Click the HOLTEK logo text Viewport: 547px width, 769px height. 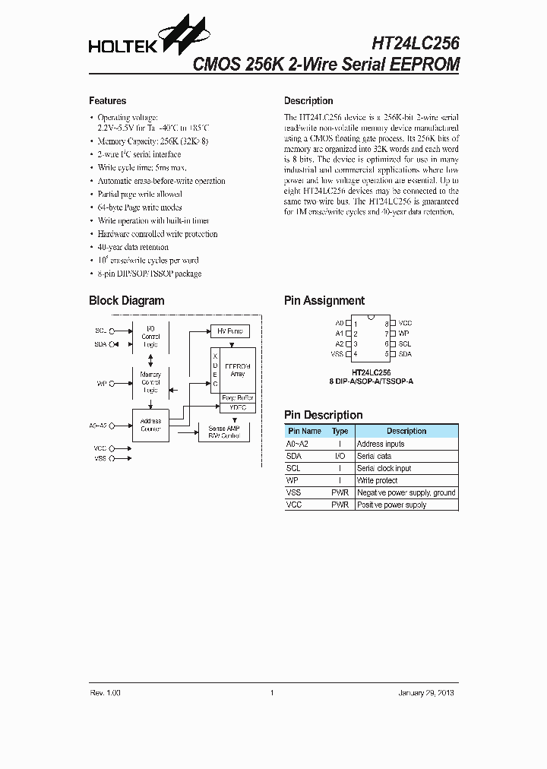click(x=122, y=46)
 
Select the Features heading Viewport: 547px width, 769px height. click(x=108, y=101)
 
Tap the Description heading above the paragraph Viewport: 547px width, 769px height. click(x=308, y=101)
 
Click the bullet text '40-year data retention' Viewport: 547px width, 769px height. click(x=133, y=247)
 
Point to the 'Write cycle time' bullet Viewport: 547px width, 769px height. click(x=142, y=167)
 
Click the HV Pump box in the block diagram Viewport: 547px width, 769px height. click(x=229, y=331)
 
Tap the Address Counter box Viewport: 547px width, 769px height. click(x=150, y=425)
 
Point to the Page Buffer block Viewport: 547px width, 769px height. click(x=237, y=398)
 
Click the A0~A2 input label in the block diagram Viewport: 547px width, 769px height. click(x=98, y=425)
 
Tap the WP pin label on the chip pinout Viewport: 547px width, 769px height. click(x=404, y=334)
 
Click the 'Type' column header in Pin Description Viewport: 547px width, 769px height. click(x=340, y=431)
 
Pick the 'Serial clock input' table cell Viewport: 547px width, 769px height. click(x=384, y=468)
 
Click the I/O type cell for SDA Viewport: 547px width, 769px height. click(x=340, y=456)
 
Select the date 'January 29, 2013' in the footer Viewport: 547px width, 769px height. click(x=427, y=693)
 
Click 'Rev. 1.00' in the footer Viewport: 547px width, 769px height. click(x=105, y=693)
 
